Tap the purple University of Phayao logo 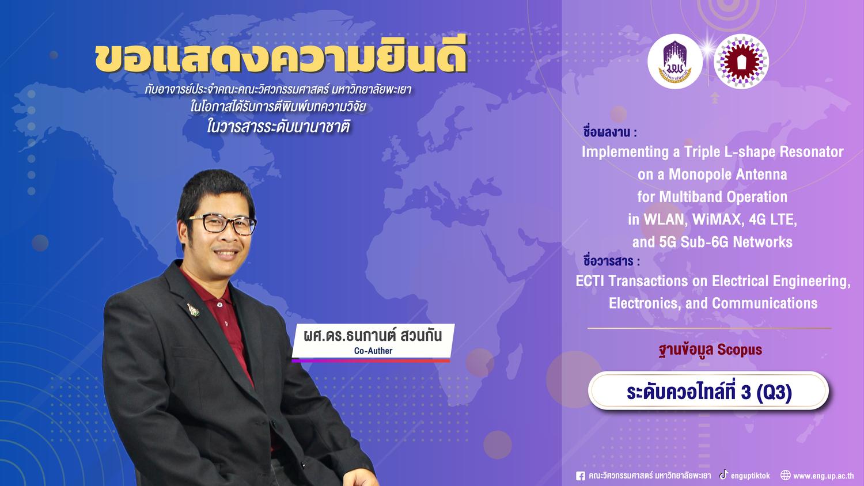pyautogui.click(x=675, y=62)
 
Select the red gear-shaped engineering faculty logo pyautogui.click(x=741, y=62)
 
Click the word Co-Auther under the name pyautogui.click(x=373, y=351)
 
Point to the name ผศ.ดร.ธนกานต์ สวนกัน pyautogui.click(x=373, y=335)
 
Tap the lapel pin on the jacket pyautogui.click(x=193, y=309)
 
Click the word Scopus pyautogui.click(x=740, y=350)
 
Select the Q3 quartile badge pyautogui.click(x=708, y=391)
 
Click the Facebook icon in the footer pyautogui.click(x=580, y=476)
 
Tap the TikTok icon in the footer pyautogui.click(x=723, y=475)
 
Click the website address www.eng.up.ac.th pyautogui.click(x=824, y=476)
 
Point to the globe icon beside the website pyautogui.click(x=785, y=475)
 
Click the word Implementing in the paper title pyautogui.click(x=625, y=152)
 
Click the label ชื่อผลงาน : pyautogui.click(x=610, y=131)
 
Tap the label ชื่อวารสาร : pyautogui.click(x=611, y=260)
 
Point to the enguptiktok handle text pyautogui.click(x=750, y=476)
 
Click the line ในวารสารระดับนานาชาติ pyautogui.click(x=278, y=126)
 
